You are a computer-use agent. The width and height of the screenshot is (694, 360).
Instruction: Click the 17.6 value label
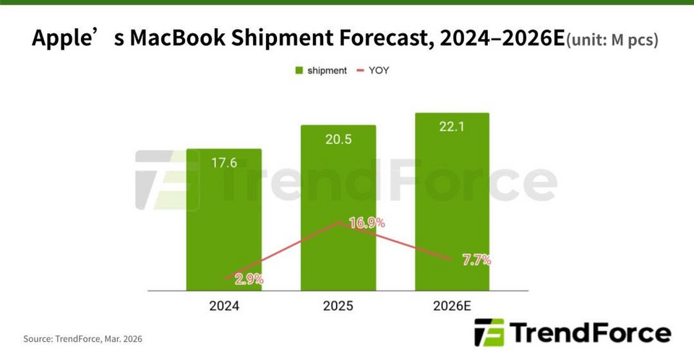(224, 163)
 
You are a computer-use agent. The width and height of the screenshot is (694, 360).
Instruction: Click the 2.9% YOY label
(248, 278)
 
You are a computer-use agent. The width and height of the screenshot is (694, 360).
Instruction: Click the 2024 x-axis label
(224, 306)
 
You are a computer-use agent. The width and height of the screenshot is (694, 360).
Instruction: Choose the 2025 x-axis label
(338, 306)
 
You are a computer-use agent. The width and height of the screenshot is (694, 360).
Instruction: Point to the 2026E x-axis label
(453, 306)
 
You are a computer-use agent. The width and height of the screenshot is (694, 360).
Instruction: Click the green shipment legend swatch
(298, 71)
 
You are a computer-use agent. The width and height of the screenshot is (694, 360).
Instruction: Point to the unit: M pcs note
(612, 40)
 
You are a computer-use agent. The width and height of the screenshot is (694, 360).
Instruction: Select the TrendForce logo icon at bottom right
(489, 333)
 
